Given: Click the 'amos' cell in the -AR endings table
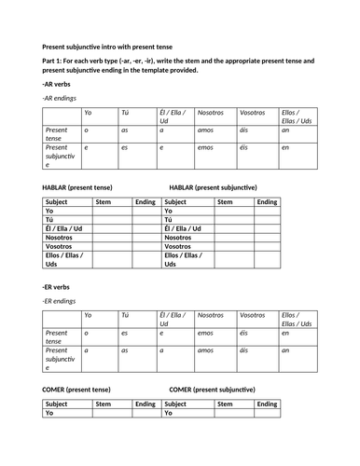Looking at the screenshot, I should [x=204, y=130].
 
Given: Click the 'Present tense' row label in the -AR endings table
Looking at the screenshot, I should [x=57, y=134].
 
